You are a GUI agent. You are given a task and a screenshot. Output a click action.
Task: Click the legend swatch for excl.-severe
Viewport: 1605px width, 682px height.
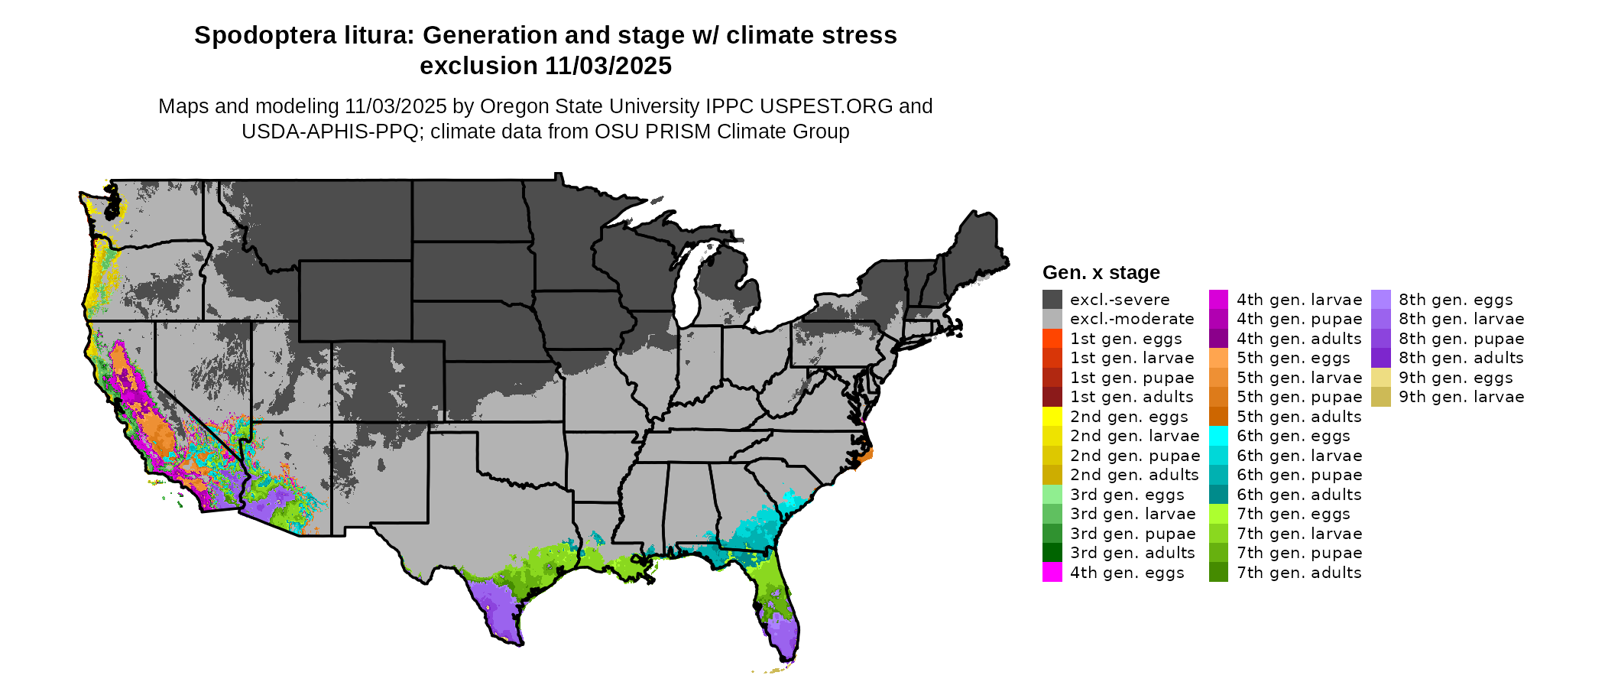1052,300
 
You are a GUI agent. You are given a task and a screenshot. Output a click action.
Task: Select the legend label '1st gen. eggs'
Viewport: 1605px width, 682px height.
1126,339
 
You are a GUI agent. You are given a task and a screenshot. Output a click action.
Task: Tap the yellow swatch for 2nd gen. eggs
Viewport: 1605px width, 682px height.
1052,417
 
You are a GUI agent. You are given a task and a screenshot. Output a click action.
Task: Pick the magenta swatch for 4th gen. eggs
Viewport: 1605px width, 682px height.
1052,573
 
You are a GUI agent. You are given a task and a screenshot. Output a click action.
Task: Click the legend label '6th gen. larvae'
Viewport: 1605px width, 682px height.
1299,456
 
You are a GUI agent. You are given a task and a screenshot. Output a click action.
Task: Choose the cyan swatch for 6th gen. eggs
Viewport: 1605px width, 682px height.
1218,436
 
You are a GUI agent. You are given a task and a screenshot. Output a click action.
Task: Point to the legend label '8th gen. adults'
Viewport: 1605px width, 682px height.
1461,358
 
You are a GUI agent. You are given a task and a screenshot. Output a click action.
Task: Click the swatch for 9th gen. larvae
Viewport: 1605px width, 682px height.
1380,397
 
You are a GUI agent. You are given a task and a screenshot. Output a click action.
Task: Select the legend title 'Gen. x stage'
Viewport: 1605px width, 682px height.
1101,273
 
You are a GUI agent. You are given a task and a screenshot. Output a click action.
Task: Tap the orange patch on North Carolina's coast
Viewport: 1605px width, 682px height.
864,456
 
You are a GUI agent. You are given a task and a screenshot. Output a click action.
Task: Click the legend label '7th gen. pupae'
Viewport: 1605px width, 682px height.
1299,553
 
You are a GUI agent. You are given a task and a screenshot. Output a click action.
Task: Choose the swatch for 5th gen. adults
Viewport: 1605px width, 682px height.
1218,417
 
